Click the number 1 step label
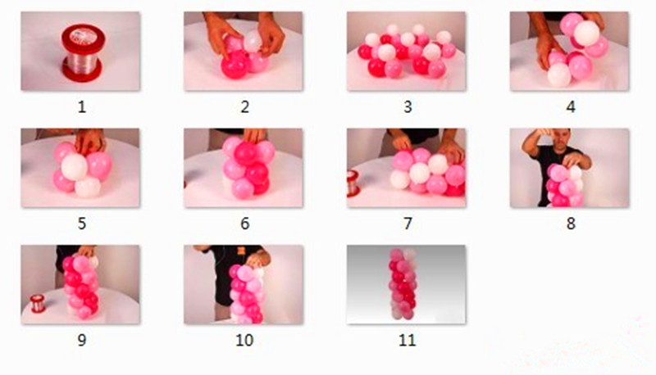click(x=82, y=107)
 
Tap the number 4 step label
click(x=571, y=107)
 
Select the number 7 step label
click(x=408, y=224)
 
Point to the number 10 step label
click(x=244, y=341)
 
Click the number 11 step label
click(x=408, y=341)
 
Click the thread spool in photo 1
click(x=83, y=52)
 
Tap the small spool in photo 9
click(x=38, y=304)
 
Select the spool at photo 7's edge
click(x=353, y=183)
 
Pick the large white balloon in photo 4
click(x=586, y=33)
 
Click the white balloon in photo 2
click(x=253, y=41)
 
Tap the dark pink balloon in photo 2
click(x=235, y=65)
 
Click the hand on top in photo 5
click(x=89, y=140)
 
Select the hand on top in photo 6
click(x=255, y=135)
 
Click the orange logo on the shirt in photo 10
click(x=241, y=251)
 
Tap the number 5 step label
click(x=82, y=224)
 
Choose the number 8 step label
click(x=571, y=224)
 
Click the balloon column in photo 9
click(x=81, y=286)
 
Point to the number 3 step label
click(x=408, y=107)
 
